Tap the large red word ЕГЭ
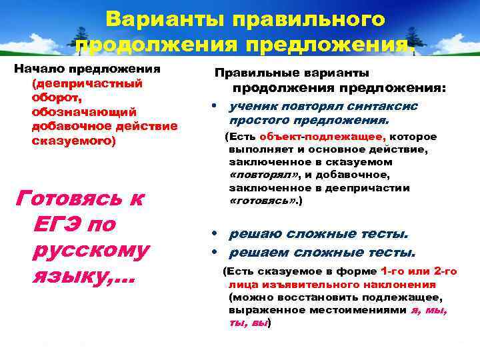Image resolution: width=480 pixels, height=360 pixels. pos(59,223)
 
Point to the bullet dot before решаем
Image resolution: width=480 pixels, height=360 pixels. pos(211,253)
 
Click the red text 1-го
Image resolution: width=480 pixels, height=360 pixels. pos(392,271)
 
